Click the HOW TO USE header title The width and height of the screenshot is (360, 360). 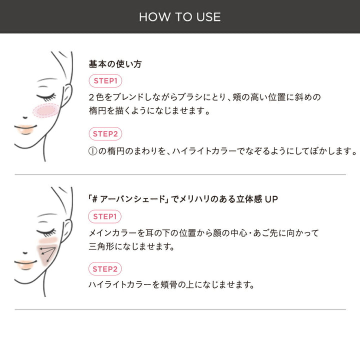180,16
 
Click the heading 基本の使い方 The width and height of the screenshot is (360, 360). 115,64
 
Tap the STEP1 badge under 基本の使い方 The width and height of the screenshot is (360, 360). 105,80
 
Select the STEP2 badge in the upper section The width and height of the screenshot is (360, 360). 105,134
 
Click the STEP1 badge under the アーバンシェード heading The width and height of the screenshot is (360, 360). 105,216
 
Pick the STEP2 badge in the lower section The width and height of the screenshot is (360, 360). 105,269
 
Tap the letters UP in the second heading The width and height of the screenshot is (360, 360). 271,199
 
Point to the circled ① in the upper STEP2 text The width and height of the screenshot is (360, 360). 92,150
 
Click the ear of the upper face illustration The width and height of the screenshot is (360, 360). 66,94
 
